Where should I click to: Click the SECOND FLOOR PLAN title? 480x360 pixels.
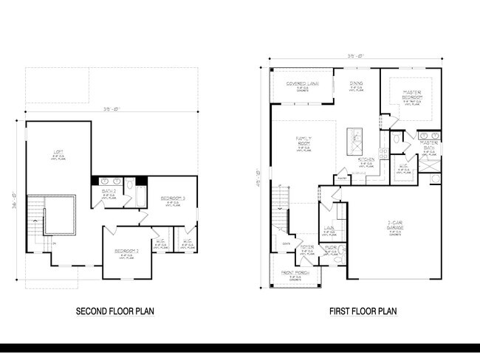coord(115,311)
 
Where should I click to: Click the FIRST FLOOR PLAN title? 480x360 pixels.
coord(363,311)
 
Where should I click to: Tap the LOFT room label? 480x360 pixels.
coord(58,153)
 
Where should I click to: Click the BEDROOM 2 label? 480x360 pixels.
coord(126,252)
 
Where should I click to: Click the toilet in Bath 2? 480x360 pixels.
coord(131,184)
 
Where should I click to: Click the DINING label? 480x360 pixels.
coord(356,83)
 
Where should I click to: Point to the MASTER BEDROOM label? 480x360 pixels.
coord(412,95)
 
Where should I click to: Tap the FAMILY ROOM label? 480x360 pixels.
coord(304,139)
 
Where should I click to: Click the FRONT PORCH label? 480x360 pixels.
coord(295,275)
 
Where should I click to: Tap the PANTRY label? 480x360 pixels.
coord(342,177)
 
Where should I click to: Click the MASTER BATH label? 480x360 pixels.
coord(429,148)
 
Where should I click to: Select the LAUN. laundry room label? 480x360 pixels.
coord(329,229)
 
